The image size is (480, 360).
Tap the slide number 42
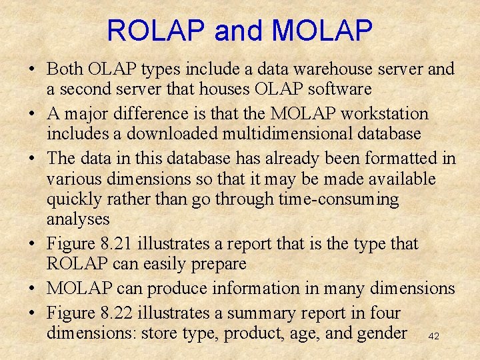(434, 336)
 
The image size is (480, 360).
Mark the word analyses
(78, 219)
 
